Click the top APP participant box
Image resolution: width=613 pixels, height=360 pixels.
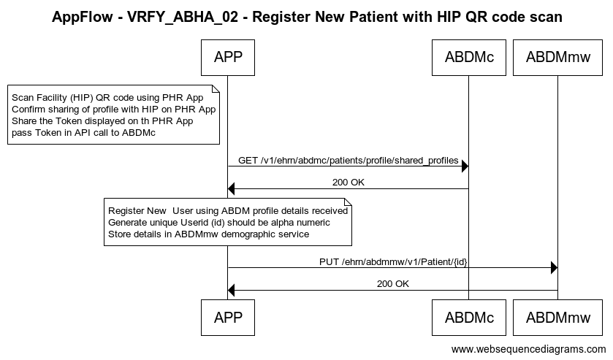pyautogui.click(x=228, y=58)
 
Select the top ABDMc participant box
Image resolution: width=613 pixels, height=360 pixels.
pyautogui.click(x=469, y=58)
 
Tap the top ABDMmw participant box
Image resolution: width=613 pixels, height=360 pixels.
pyautogui.click(x=558, y=58)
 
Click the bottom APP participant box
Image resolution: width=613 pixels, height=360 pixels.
pyautogui.click(x=228, y=318)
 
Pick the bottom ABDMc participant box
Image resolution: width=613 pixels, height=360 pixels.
pyautogui.click(x=469, y=318)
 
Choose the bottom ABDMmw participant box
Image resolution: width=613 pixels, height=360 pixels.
pyautogui.click(x=558, y=318)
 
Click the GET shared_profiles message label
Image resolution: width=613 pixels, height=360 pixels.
pyautogui.click(x=349, y=161)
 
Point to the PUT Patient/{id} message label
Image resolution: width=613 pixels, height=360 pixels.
pyautogui.click(x=393, y=262)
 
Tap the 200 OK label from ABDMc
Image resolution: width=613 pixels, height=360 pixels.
pyautogui.click(x=349, y=183)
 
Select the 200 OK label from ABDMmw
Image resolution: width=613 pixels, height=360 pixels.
pyautogui.click(x=393, y=284)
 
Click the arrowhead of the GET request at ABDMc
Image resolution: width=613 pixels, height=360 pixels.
pyautogui.click(x=465, y=166)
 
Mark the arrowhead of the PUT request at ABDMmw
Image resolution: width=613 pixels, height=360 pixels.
pyautogui.click(x=555, y=268)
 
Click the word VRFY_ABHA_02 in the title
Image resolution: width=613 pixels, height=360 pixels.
pyautogui.click(x=183, y=18)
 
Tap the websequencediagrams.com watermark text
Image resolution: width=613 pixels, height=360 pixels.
pyautogui.click(x=528, y=349)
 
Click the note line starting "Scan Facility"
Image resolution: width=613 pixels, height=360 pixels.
pyautogui.click(x=107, y=98)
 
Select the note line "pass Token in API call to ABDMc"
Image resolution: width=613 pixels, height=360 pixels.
pyautogui.click(x=84, y=133)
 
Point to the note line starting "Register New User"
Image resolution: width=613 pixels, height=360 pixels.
pyautogui.click(x=228, y=211)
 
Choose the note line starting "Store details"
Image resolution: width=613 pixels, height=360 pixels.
pyautogui.click(x=208, y=234)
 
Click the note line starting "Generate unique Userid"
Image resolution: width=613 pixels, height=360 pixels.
pyautogui.click(x=219, y=223)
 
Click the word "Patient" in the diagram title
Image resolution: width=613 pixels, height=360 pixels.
pyautogui.click(x=374, y=18)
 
